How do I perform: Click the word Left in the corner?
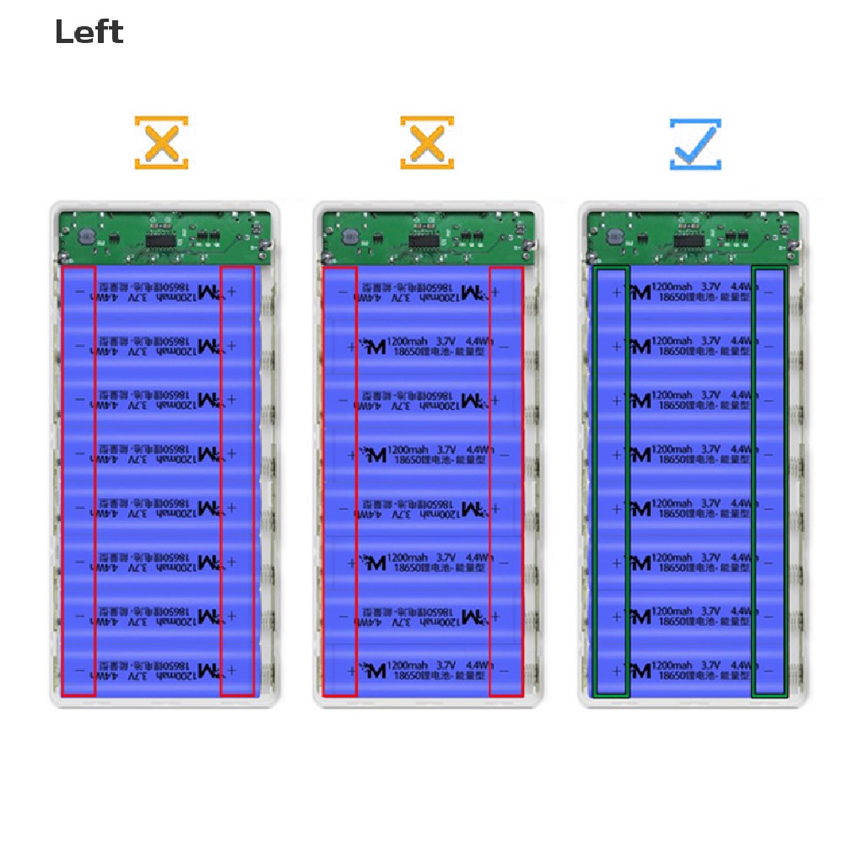coord(89,33)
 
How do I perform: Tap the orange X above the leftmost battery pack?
coord(161,143)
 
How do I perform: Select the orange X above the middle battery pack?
coord(427,143)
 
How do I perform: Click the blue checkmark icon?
coord(695,143)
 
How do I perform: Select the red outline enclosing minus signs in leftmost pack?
coord(78,481)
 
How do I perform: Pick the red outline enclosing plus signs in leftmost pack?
coord(237,481)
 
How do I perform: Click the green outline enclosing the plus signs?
coord(613,481)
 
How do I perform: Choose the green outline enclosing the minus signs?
coord(769,481)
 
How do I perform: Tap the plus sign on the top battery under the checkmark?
coord(616,292)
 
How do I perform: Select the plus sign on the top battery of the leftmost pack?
coord(232,292)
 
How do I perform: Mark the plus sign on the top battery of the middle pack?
coord(496,292)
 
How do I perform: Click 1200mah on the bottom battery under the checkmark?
coord(673,665)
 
